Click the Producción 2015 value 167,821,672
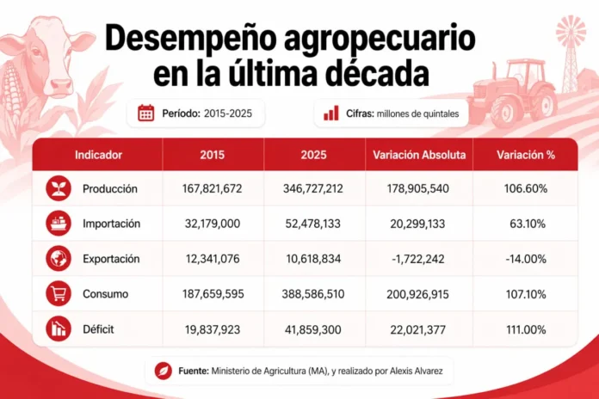213,188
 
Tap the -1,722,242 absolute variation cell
420,259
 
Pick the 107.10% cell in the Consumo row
523,294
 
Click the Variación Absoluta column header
420,156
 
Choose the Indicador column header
98,156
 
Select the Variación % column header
523,156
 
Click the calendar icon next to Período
146,113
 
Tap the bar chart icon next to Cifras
330,113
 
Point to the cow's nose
59,84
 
